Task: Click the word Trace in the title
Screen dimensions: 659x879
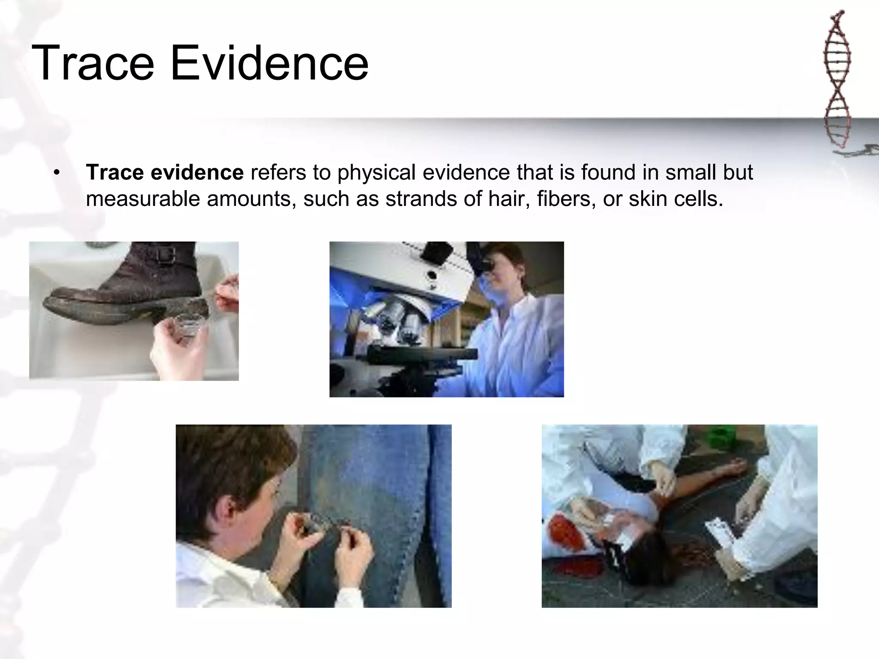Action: (x=93, y=63)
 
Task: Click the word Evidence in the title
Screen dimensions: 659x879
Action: (x=270, y=63)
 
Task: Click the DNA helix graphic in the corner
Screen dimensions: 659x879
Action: (x=837, y=82)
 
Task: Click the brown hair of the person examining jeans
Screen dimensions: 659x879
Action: (x=232, y=463)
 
